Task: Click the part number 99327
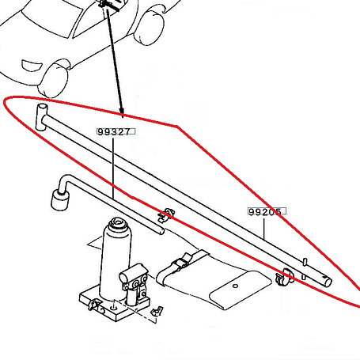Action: tap(114, 131)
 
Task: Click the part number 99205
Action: tap(265, 211)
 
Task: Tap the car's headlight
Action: tap(32, 65)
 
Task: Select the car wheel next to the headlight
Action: tap(54, 80)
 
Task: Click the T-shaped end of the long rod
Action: tap(41, 117)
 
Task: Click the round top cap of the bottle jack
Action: tap(118, 224)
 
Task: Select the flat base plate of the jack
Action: tap(115, 305)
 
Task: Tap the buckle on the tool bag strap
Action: tap(181, 262)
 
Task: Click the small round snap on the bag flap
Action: tap(236, 286)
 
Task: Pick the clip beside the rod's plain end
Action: tap(283, 277)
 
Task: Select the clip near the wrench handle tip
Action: tap(166, 215)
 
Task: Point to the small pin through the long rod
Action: tap(305, 268)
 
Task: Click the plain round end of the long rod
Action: tap(328, 282)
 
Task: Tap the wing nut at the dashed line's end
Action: tap(157, 311)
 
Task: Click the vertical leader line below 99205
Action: tap(263, 227)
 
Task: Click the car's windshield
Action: tap(53, 20)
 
